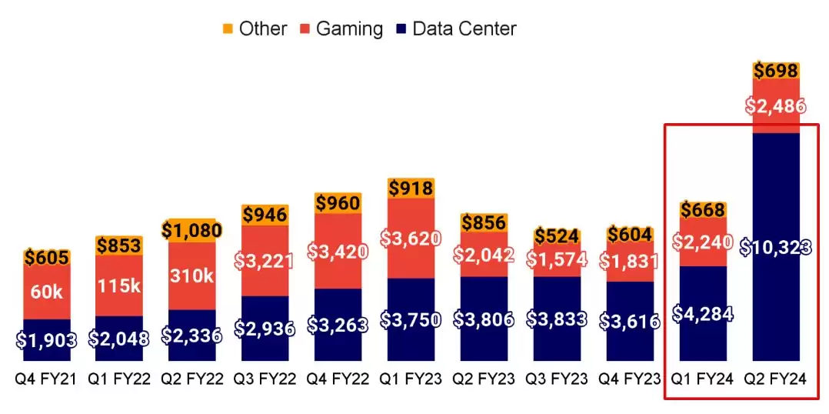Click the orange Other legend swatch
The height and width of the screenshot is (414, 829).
(x=228, y=29)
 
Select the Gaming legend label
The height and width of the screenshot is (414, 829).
(x=349, y=29)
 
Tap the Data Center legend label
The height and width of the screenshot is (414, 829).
(x=464, y=29)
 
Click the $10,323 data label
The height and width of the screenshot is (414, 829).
(x=777, y=247)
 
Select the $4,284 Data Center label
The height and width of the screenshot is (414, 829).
(x=703, y=313)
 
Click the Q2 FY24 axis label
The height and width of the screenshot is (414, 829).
(x=777, y=379)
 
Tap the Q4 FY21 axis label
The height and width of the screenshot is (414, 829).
(x=46, y=379)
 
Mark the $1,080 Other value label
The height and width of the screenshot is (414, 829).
(x=192, y=229)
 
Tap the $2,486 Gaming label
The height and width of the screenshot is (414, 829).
(x=777, y=106)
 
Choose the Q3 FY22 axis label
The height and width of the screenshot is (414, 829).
(x=265, y=379)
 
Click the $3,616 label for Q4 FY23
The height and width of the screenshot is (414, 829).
(x=630, y=321)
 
